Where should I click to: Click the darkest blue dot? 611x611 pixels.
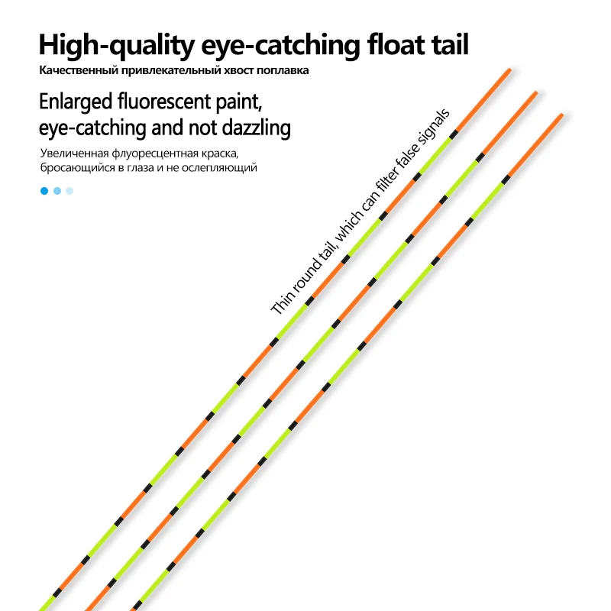44,191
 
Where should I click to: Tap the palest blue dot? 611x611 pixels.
70,191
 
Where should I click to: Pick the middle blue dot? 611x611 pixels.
57,191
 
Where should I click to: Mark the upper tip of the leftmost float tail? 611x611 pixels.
509,70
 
